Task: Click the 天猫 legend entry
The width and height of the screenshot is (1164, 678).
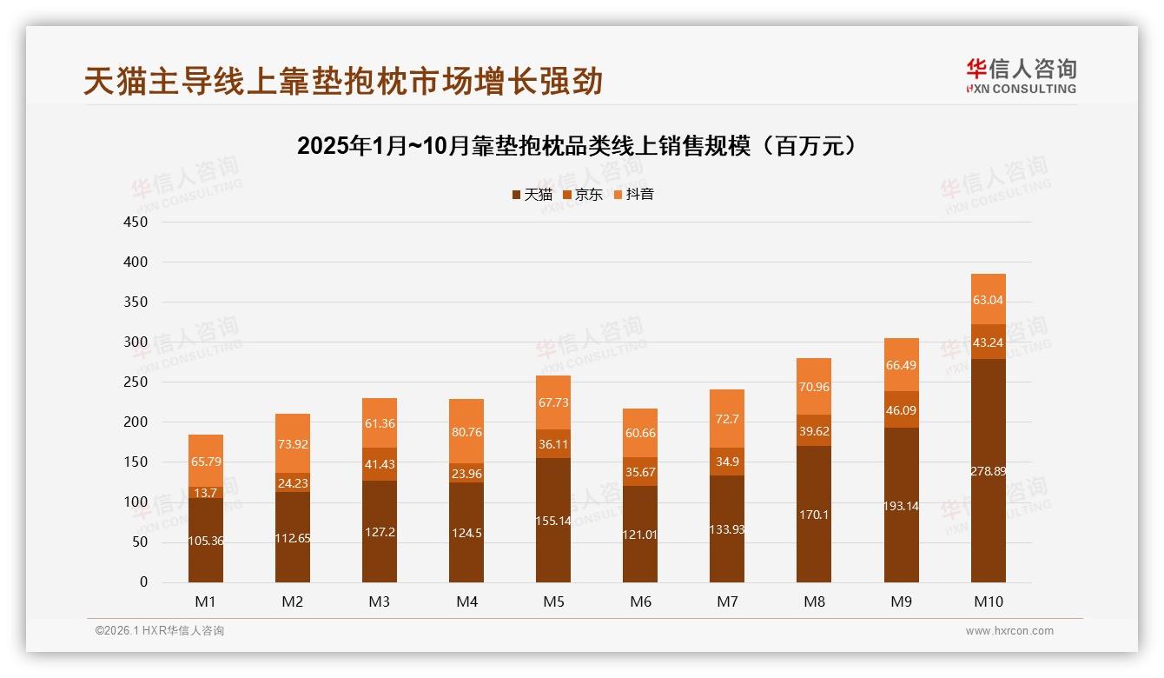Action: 532,195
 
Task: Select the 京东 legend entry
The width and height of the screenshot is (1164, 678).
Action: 582,195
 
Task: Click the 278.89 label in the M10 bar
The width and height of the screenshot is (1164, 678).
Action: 988,470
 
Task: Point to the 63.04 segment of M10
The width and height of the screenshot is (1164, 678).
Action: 988,300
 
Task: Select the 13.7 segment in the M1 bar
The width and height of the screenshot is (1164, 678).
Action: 206,492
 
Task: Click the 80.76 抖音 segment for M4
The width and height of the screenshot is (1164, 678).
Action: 466,431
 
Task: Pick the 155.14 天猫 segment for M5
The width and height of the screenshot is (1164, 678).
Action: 553,520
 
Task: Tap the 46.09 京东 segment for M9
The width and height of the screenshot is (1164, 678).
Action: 901,409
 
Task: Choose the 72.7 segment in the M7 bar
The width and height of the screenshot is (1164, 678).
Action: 727,419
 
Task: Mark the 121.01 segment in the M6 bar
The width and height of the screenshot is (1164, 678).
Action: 640,534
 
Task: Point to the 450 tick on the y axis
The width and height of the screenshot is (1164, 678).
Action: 136,222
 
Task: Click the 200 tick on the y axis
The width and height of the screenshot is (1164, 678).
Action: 136,422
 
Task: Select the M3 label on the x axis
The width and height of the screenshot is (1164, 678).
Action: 380,602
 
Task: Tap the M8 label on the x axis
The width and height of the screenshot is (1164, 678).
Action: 814,602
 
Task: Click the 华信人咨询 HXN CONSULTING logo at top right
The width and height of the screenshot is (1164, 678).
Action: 1021,76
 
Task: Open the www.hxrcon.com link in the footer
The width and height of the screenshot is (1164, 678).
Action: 1009,631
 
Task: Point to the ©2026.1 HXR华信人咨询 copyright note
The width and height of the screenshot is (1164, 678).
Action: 160,631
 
